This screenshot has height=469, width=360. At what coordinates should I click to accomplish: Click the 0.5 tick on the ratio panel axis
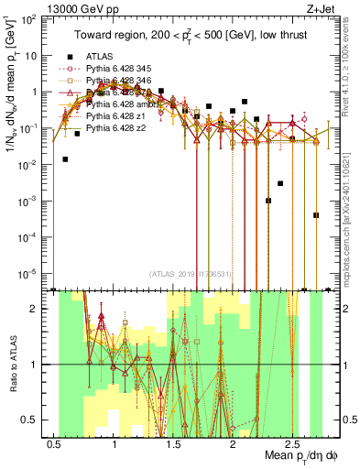tap(27, 420)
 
